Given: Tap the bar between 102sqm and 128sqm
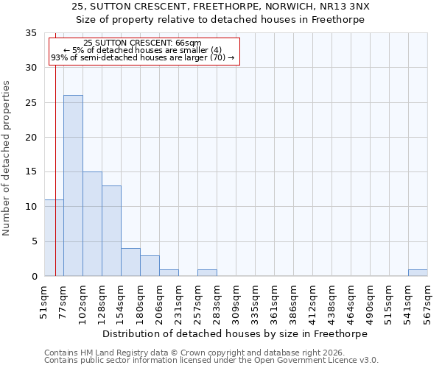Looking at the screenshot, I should pos(92,224).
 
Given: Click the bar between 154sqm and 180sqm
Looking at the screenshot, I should pos(130,262).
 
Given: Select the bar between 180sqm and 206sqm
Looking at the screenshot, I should pos(150,266).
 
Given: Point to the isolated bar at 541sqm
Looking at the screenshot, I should pos(418,273).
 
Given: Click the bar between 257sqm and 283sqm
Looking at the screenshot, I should pos(207,273).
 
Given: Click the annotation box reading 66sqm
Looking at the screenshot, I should pos(144,51).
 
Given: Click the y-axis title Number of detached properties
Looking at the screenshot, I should pos(7,158).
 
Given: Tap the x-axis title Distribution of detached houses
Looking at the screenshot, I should pos(234,333).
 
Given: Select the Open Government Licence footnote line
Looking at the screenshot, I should pos(211,361).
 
